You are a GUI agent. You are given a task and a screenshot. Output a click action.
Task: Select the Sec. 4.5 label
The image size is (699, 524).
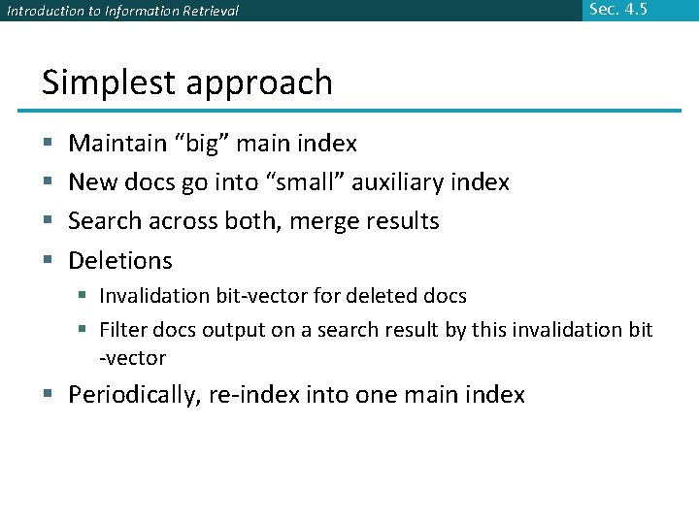click(617, 11)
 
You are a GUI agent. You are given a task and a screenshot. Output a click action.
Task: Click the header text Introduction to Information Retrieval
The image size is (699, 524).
click(122, 12)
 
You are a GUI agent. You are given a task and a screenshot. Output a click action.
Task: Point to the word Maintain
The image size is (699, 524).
click(117, 144)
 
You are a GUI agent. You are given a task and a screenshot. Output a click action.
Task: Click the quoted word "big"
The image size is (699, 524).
click(203, 144)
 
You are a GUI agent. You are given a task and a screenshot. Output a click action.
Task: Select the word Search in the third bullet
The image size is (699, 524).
click(105, 221)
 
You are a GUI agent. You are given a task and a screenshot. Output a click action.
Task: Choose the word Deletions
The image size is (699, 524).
click(120, 260)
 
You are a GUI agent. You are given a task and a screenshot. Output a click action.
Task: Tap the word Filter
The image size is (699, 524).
click(122, 330)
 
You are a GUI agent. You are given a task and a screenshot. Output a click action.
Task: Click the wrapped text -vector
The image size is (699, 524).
click(133, 358)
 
